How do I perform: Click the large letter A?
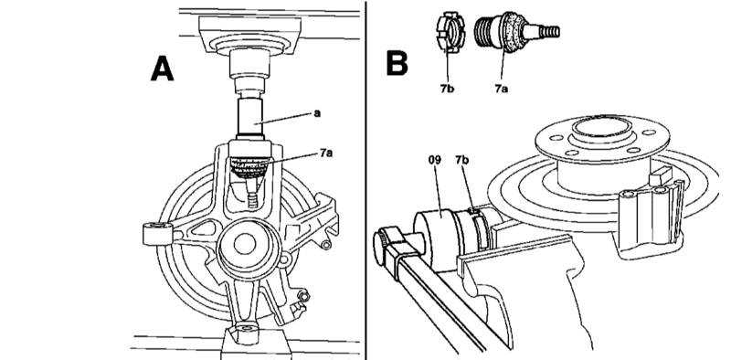coord(163,69)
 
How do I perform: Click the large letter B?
coord(397,63)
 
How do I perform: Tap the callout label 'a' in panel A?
coord(317,113)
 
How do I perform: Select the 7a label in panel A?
coord(326,153)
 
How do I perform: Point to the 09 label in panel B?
coord(435,161)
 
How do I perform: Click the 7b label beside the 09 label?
coord(462,161)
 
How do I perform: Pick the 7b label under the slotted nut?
coord(446,89)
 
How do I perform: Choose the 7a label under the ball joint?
coord(501,89)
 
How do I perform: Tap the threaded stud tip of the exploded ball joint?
coord(549,32)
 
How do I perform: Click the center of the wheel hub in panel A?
coord(245,245)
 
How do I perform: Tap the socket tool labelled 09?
coord(436,238)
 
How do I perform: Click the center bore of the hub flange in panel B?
coord(601,127)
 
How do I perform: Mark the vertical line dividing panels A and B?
coord(366,180)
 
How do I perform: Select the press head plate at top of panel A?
coord(249,35)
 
